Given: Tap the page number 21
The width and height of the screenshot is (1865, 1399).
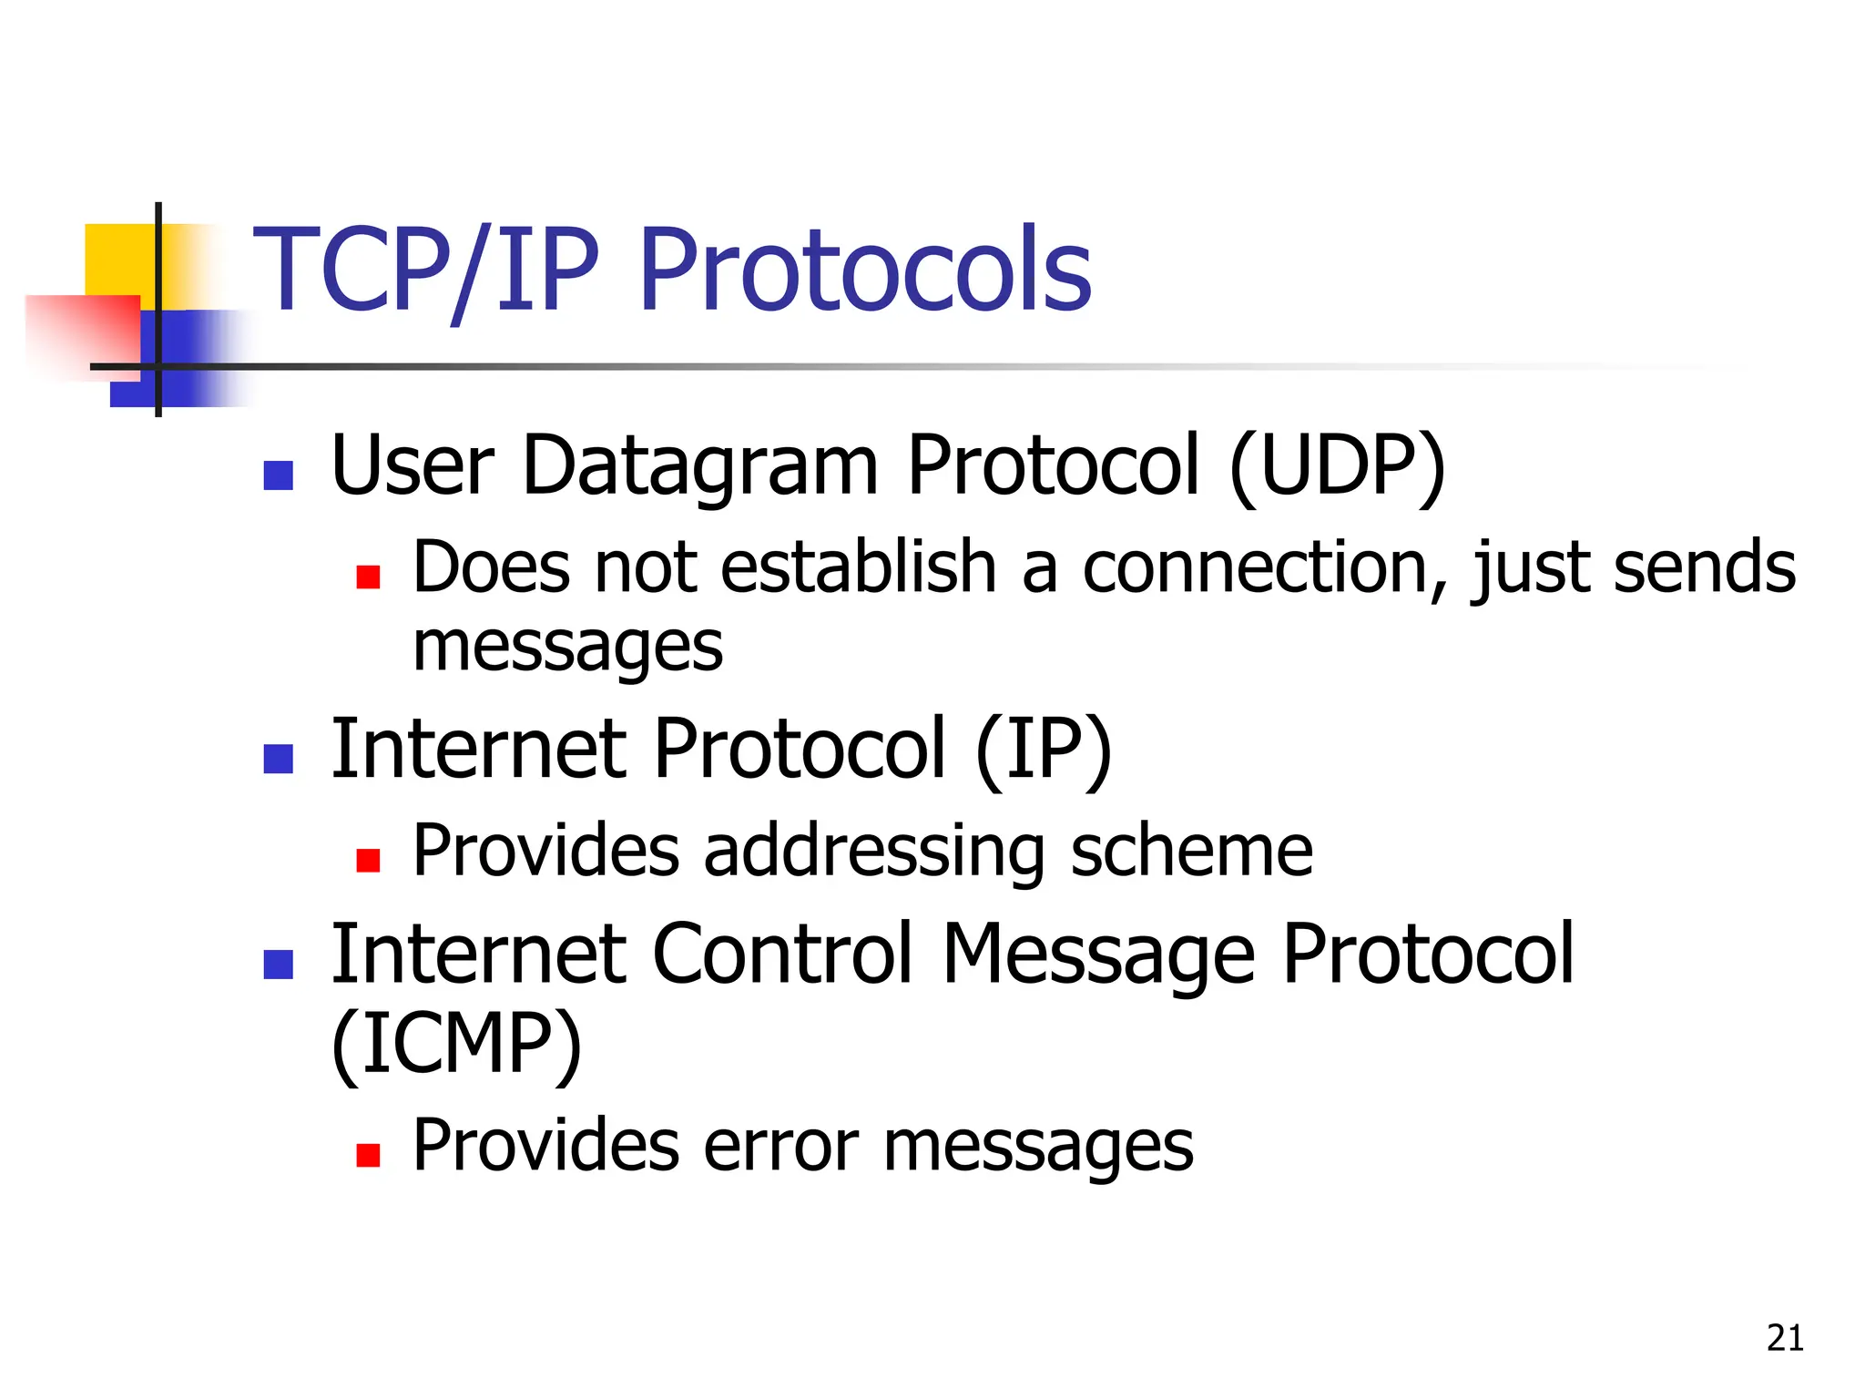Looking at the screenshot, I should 1785,1338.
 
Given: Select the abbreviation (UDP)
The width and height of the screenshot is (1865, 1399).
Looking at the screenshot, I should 1337,466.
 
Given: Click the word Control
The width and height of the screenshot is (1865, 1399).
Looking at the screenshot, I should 782,954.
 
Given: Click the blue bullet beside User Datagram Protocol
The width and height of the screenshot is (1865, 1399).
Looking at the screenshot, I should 278,475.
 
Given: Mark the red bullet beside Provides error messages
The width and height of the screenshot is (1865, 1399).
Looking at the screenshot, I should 368,1155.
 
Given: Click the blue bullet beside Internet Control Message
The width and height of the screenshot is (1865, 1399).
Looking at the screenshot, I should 278,964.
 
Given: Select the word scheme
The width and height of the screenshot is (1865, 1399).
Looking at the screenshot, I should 1191,853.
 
